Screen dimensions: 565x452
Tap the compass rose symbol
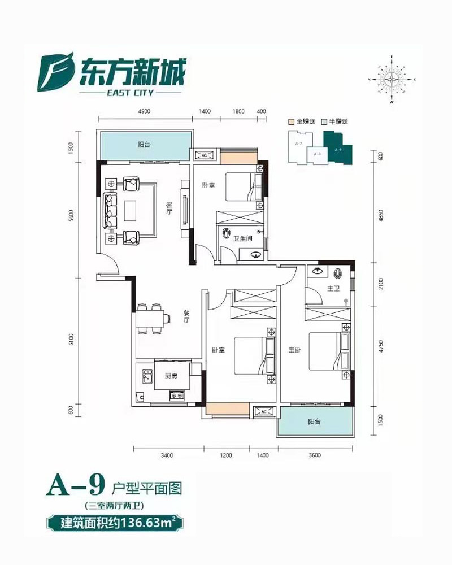point(391,80)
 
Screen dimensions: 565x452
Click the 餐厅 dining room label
point(185,316)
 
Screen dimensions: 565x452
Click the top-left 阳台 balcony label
point(144,145)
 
